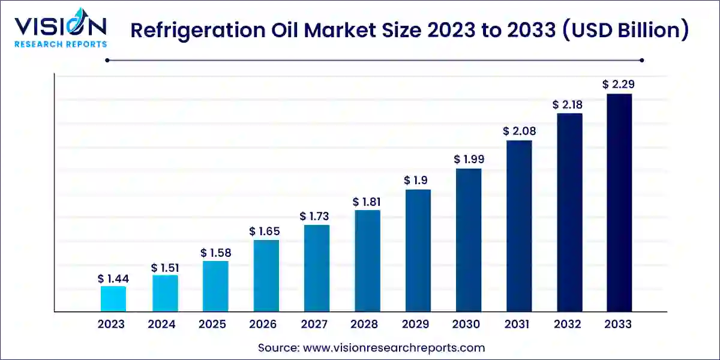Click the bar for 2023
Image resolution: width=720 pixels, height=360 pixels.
113,299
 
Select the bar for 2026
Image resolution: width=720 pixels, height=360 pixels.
266,275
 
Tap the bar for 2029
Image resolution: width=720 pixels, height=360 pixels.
418,250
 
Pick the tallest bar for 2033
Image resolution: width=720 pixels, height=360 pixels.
619,202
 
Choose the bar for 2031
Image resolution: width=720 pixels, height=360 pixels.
519,226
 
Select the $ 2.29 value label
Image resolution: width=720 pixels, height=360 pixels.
619,85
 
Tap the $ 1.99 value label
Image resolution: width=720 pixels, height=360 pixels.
469,160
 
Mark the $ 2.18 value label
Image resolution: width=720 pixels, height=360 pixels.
568,104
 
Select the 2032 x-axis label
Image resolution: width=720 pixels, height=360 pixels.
568,325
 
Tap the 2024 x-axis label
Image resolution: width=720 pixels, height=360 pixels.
162,325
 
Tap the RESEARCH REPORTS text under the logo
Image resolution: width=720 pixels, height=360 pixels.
61,44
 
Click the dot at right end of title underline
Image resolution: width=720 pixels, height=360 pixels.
641,60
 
